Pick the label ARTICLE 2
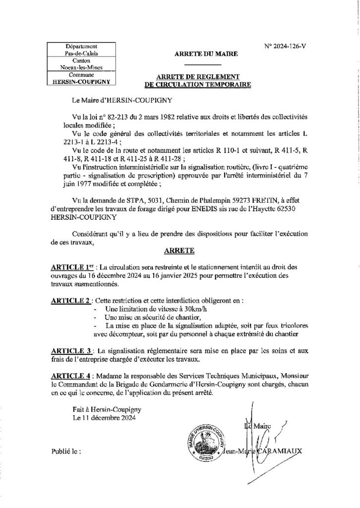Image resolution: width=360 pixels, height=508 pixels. [70, 301]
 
